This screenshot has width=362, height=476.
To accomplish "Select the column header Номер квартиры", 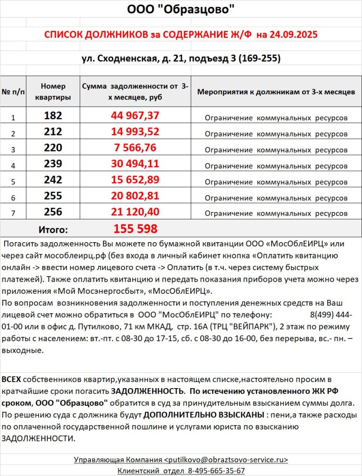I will (x=53, y=92).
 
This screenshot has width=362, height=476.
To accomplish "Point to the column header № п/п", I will (x=13, y=92).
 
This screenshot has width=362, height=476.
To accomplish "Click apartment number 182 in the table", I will (x=53, y=116).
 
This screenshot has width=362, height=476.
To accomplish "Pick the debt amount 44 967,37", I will (x=135, y=116).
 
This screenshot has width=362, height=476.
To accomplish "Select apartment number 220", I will (x=53, y=148).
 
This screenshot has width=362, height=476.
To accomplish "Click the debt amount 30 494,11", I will (x=135, y=164).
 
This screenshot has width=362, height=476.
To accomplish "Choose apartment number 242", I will (x=53, y=180).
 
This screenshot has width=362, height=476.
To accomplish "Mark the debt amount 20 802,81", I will (x=135, y=196).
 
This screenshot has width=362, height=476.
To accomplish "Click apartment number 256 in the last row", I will (x=53, y=212).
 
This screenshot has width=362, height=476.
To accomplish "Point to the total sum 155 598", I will (x=135, y=229).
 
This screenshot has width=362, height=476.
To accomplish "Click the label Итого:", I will (x=53, y=229).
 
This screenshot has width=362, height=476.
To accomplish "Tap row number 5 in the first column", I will (x=13, y=181).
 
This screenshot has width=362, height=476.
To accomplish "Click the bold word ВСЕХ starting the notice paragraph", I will (x=11, y=379).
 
